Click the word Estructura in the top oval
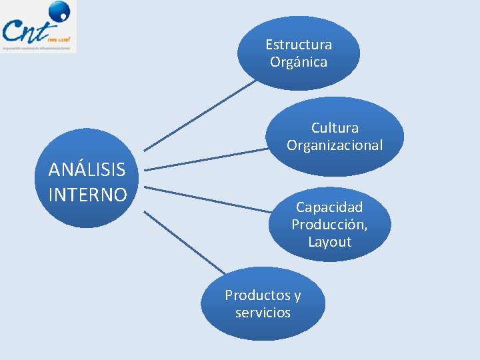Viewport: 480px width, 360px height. point(298,45)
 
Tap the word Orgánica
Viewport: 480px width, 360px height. point(298,62)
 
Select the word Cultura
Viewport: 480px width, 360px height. point(335,127)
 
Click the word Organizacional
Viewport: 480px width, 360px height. point(335,145)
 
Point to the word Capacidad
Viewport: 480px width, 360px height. point(329,207)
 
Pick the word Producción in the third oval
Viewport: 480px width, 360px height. point(328,225)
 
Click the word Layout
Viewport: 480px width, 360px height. point(329,241)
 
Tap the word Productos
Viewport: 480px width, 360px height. point(257,295)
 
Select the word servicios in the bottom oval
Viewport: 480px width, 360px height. point(263,312)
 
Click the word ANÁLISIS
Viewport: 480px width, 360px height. point(87,170)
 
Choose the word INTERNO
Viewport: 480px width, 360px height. point(87,195)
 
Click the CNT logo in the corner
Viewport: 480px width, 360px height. point(38,27)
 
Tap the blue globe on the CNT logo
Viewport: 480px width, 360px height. point(59,11)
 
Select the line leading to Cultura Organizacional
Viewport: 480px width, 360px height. point(207,161)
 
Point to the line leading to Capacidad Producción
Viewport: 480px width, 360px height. point(207,199)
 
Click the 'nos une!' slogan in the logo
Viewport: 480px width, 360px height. point(59,39)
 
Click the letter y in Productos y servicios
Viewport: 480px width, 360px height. point(297,295)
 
